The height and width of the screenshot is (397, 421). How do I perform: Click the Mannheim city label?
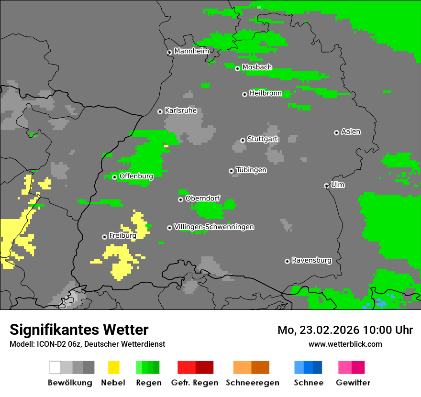click(x=192, y=51)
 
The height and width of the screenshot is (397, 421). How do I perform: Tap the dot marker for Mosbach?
click(x=237, y=68)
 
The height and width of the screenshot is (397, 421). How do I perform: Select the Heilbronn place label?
click(x=266, y=93)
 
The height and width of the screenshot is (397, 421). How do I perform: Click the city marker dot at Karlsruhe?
click(x=160, y=111)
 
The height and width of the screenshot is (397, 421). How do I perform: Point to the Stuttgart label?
click(x=262, y=139)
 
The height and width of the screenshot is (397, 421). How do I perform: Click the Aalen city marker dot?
click(x=336, y=132)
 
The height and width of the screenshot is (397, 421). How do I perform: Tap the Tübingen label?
click(x=251, y=170)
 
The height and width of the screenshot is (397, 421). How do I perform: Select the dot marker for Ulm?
click(x=326, y=186)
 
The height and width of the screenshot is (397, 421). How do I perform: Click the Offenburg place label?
click(x=136, y=176)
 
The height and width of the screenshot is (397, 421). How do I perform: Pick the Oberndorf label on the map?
click(x=203, y=198)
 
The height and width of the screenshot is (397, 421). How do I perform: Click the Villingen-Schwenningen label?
click(x=214, y=227)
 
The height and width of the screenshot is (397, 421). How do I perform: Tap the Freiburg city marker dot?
click(x=104, y=237)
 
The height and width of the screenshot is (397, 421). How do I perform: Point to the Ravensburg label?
click(x=311, y=260)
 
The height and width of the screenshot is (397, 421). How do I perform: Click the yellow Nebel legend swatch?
click(x=113, y=367)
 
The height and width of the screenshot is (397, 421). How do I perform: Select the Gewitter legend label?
click(x=353, y=383)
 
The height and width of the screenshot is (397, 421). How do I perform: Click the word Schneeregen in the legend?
click(x=252, y=383)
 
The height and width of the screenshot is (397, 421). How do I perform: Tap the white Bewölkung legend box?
click(x=55, y=367)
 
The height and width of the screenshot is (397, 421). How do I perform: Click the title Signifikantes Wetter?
click(x=79, y=330)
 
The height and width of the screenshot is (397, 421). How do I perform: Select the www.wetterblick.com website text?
click(x=345, y=344)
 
